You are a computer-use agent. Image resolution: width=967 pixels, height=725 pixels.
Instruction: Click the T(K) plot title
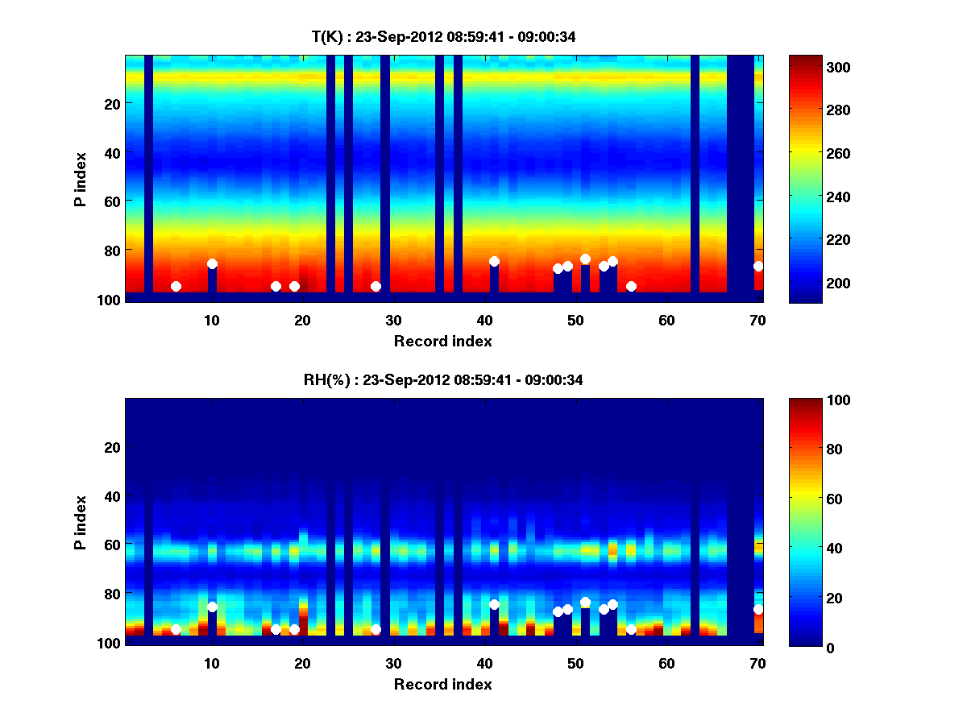coord(443,36)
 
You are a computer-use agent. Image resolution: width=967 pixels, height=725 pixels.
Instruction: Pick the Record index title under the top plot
coord(442,341)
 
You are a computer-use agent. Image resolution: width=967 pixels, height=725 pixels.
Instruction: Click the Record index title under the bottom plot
coord(442,685)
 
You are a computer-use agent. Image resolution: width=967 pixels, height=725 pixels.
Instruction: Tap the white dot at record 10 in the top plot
coord(212,263)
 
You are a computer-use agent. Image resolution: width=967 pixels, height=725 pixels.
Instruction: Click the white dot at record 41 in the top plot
coord(494,261)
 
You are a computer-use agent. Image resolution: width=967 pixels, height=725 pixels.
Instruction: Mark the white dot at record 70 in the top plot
coord(758,266)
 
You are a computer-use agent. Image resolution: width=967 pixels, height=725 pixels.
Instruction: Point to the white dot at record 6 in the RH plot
coord(176,629)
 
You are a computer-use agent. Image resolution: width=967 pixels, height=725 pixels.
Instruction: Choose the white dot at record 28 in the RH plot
coord(376,629)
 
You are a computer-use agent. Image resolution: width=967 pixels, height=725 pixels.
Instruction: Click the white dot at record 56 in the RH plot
coord(631,629)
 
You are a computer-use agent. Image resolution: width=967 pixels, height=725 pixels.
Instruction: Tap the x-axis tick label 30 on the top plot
coord(393,320)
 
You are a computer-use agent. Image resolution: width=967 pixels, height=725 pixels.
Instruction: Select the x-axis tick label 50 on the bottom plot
coord(575,664)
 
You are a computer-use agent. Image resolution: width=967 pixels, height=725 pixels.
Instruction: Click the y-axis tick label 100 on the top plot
coord(110,300)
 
